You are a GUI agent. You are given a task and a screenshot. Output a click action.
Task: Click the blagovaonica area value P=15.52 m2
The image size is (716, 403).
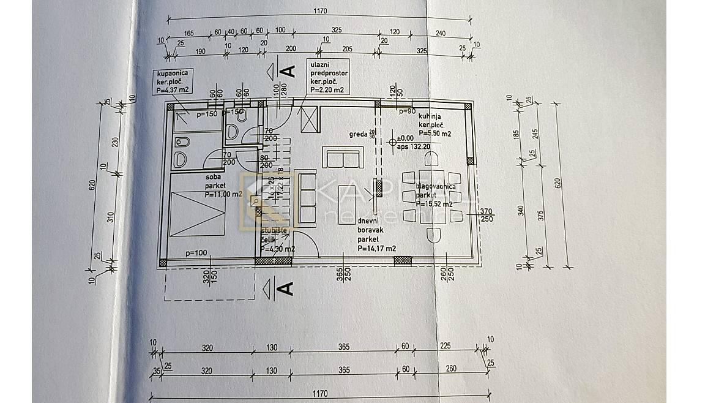point(434,204)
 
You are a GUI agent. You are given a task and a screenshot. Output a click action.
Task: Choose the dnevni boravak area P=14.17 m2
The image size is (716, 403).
point(377,248)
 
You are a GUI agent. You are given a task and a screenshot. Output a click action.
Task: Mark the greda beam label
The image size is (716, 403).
point(358,134)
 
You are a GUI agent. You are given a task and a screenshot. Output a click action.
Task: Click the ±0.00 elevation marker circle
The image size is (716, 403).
point(393,141)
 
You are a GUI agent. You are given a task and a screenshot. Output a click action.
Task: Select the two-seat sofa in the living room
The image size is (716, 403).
point(343,159)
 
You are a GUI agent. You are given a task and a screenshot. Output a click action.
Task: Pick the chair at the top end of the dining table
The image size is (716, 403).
point(432,160)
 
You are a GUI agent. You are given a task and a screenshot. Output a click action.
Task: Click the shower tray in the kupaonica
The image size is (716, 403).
point(191,122)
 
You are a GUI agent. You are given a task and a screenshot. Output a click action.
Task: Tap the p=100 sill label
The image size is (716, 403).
point(197,252)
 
